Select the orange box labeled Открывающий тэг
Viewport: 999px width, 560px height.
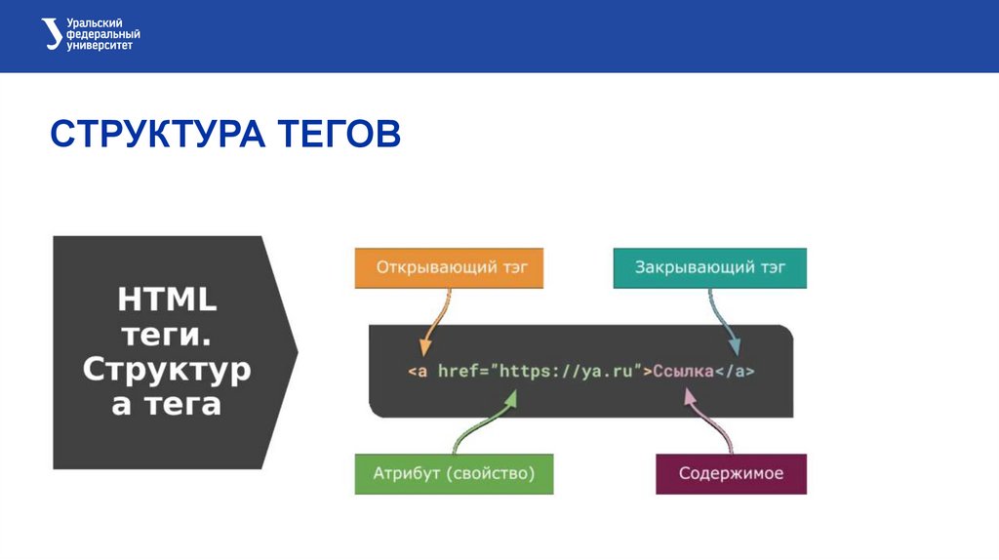coord(448,267)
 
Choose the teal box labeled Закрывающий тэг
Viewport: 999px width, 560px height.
coord(709,267)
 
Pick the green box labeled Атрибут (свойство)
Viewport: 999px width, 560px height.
coord(454,474)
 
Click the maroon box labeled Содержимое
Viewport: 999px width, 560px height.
coord(730,474)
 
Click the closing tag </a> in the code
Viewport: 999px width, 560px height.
coord(736,372)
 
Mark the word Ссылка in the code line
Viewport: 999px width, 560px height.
coord(683,372)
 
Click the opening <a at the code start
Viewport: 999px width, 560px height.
coord(418,372)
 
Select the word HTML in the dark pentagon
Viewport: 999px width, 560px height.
coord(167,299)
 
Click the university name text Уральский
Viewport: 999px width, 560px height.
coord(95,23)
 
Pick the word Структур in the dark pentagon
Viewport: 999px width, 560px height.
coord(167,370)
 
